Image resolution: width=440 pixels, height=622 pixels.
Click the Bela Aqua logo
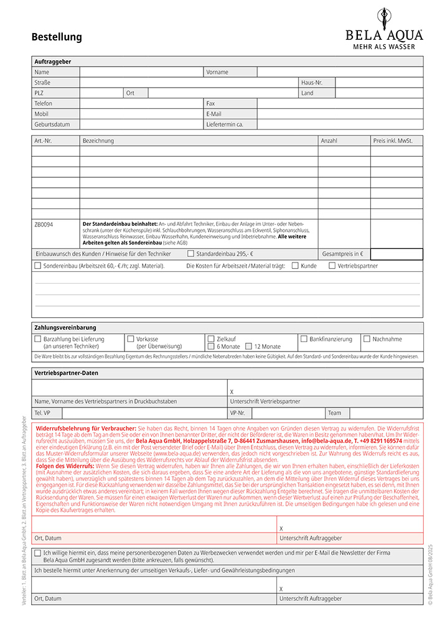pos(384,27)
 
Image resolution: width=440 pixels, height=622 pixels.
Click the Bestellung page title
pos(57,37)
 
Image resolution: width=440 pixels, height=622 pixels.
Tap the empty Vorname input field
pos(340,72)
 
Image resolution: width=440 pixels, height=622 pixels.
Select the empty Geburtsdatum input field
pos(142,124)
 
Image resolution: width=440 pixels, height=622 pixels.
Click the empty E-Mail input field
pos(340,114)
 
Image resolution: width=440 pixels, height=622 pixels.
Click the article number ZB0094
pos(44,223)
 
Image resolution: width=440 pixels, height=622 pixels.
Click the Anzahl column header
pos(329,141)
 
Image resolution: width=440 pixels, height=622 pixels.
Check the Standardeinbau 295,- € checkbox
pos(190,254)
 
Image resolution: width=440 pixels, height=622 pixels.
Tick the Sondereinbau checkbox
pos(38,266)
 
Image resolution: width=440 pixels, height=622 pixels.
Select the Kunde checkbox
pos(295,266)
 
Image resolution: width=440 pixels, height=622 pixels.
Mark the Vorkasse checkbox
pos(131,339)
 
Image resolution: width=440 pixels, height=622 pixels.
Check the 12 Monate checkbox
pos(248,346)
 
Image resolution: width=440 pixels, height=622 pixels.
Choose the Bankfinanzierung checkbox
pos(304,339)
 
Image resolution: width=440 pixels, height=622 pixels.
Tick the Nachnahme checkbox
pos(367,339)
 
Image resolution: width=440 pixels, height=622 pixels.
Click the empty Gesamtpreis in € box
pos(396,254)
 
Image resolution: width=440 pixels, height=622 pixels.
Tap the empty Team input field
pos(386,413)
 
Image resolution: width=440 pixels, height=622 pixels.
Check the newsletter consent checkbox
pos(38,552)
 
